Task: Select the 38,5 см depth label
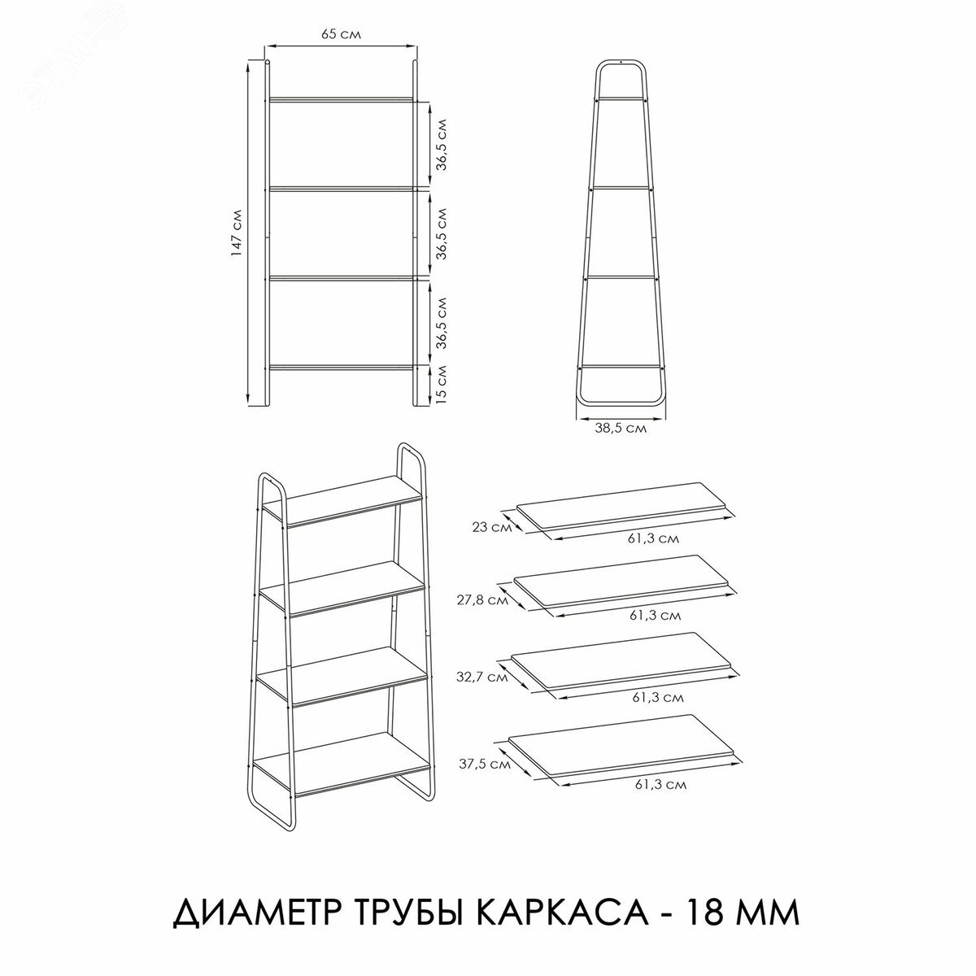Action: click(x=620, y=429)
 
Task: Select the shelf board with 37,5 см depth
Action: click(x=625, y=744)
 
